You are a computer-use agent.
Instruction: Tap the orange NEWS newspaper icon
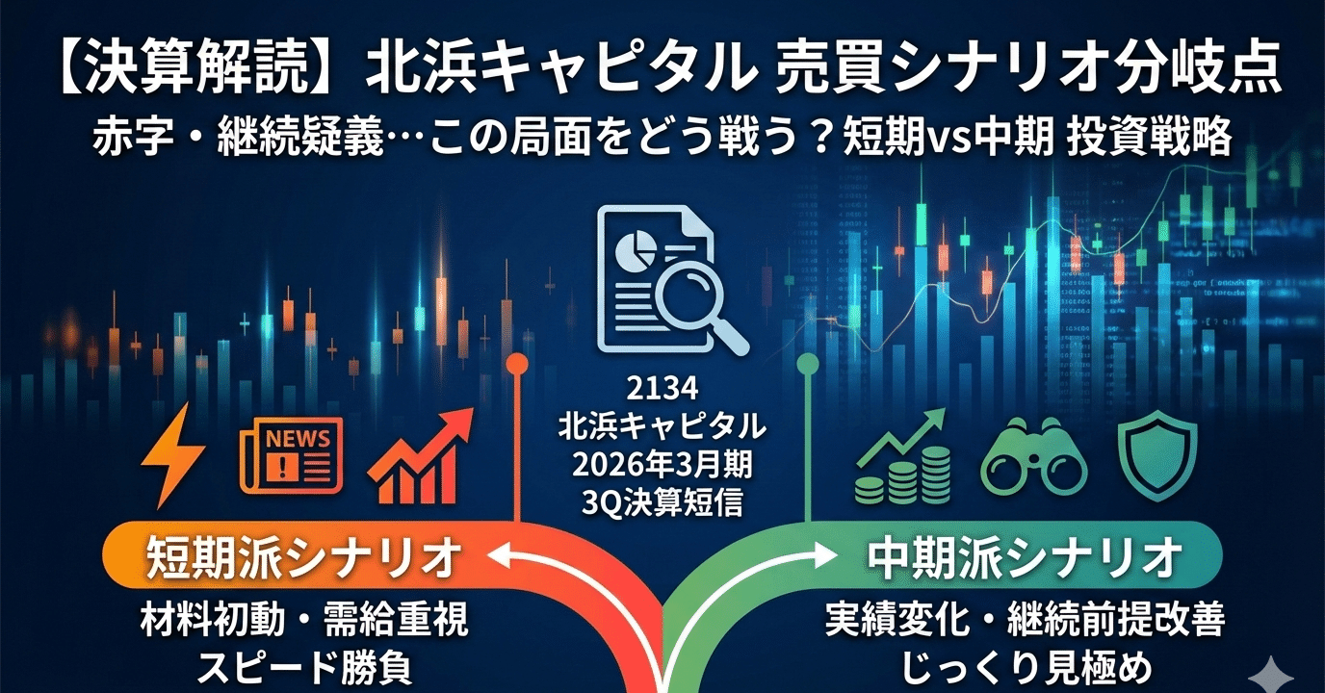click(x=291, y=456)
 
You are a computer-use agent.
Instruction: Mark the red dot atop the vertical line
click(x=517, y=365)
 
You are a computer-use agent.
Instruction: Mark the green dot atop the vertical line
click(x=807, y=365)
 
